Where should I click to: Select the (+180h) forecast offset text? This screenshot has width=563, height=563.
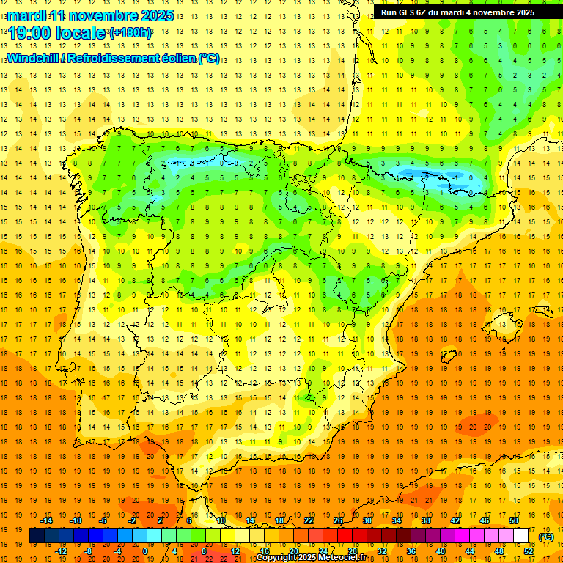coord(130,33)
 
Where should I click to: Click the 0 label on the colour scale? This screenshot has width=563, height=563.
coord(144,551)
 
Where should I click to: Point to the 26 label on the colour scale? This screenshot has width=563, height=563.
coord(338,520)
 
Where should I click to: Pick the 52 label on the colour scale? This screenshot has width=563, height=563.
coord(529,551)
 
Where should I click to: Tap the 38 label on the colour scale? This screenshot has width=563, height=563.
coord(426,520)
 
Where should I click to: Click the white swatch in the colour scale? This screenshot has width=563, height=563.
coord(521,536)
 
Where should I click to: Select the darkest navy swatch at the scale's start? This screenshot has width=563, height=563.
coord(37,536)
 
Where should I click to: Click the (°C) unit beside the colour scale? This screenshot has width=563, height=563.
coord(546,536)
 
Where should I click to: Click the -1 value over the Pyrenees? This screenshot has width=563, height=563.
coord(456,177)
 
